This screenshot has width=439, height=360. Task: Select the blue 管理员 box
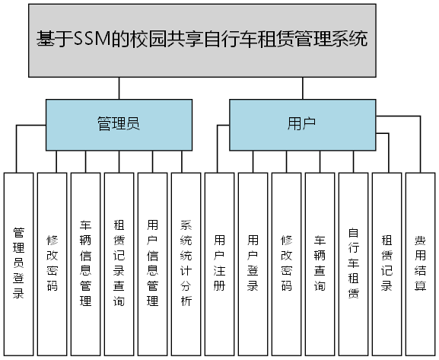pos(118,124)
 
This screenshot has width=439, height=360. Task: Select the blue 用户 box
pos(302,124)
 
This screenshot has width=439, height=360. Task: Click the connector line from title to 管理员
pos(118,88)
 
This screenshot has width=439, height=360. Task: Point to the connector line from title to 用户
pos(302,88)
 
